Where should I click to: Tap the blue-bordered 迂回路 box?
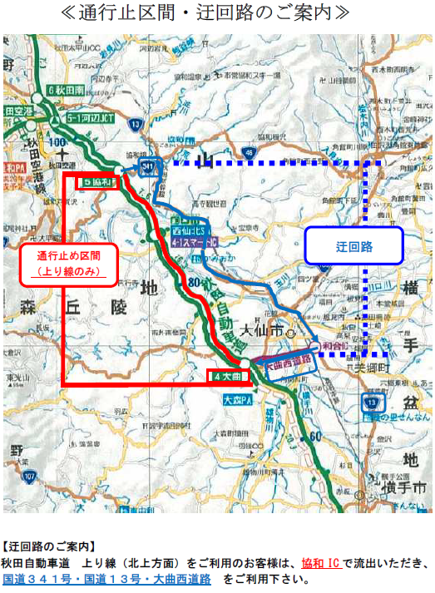(x=353, y=247)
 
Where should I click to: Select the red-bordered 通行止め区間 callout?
(x=67, y=262)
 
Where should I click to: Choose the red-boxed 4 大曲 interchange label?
(x=227, y=375)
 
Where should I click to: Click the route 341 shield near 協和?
(x=148, y=168)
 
